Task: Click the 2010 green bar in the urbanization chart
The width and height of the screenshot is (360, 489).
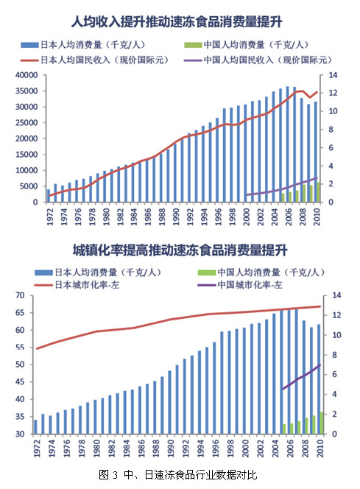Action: click(x=320, y=423)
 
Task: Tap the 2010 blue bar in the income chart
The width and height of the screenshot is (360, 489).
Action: click(x=317, y=152)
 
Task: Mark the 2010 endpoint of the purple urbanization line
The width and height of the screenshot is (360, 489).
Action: click(x=320, y=365)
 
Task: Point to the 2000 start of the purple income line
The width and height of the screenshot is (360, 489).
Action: click(x=247, y=195)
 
